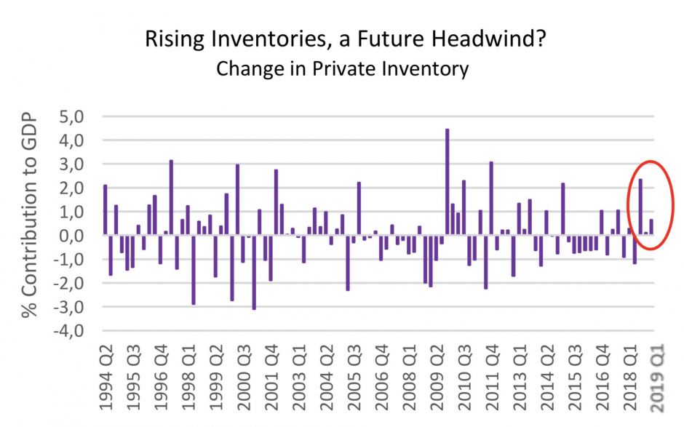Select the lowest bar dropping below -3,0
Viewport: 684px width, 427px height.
pyautogui.click(x=254, y=272)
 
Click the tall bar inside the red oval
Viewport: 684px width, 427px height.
pyautogui.click(x=640, y=207)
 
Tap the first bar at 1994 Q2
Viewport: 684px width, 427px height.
pyautogui.click(x=106, y=210)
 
